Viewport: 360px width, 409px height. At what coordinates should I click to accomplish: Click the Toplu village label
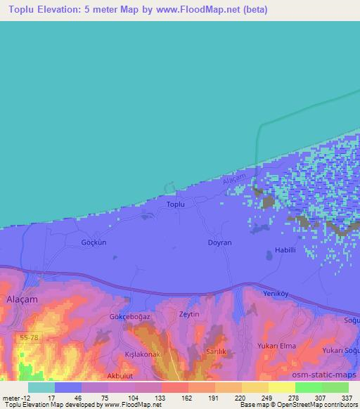click(175, 204)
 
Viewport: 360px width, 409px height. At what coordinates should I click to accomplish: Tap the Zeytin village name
click(190, 313)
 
